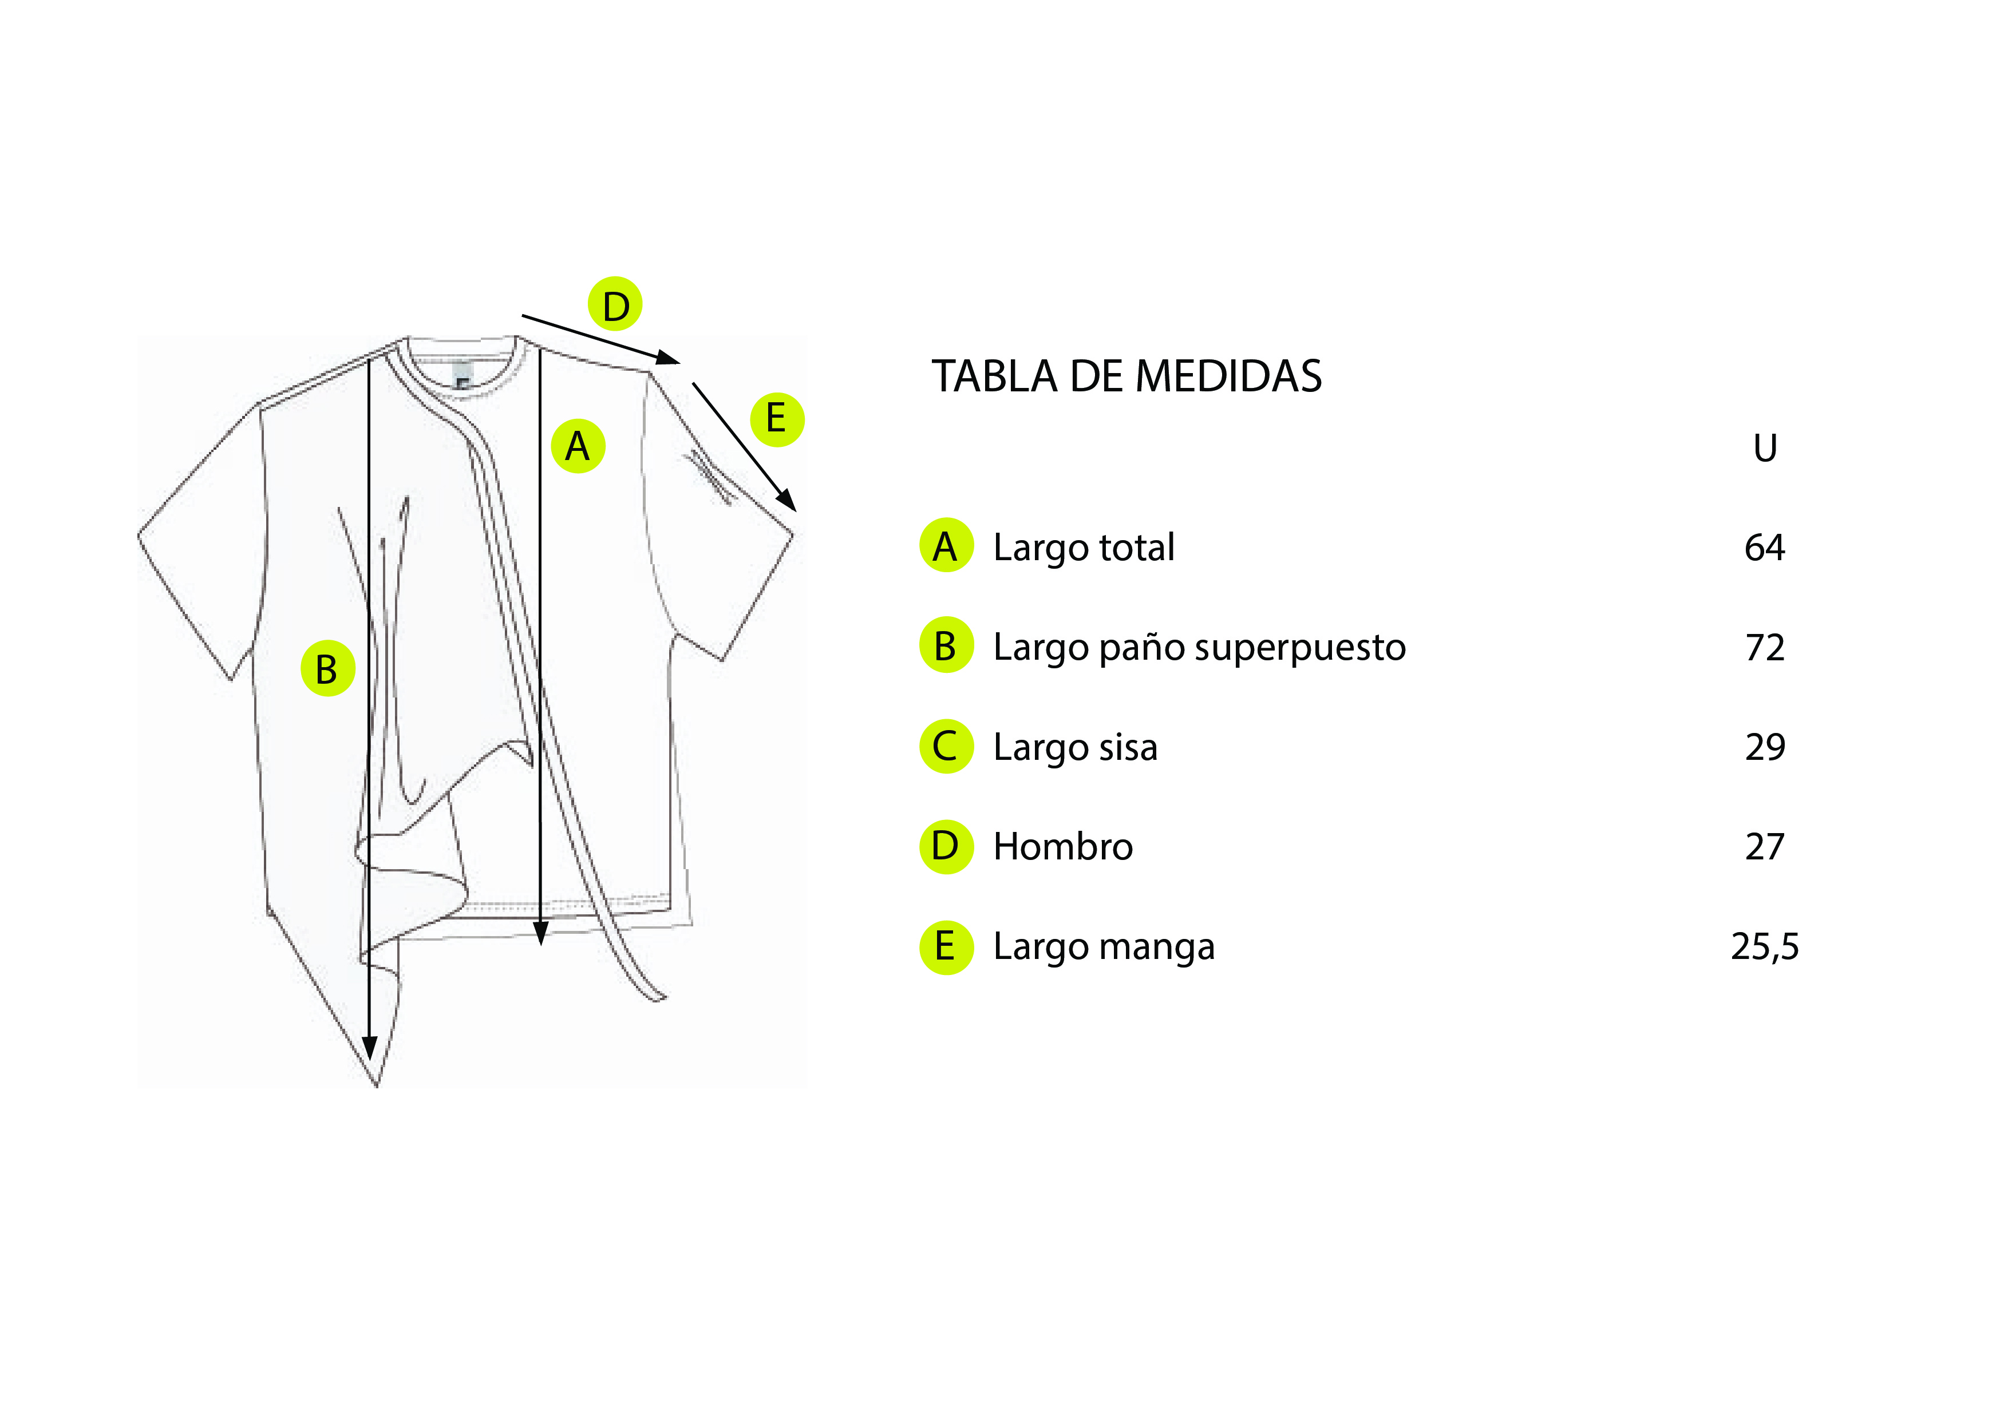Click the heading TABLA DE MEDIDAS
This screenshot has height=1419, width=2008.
click(x=1126, y=377)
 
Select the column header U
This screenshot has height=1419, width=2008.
click(x=1765, y=449)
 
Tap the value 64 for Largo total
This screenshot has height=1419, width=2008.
click(x=1765, y=548)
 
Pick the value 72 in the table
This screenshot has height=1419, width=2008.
click(x=1765, y=648)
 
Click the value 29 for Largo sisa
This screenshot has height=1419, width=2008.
click(x=1765, y=747)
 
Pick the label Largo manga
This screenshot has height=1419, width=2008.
click(x=1104, y=948)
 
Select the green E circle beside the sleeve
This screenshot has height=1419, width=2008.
click(x=777, y=419)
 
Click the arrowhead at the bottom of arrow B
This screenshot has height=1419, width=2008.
click(x=370, y=1048)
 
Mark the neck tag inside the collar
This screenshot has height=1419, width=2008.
click(x=463, y=378)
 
